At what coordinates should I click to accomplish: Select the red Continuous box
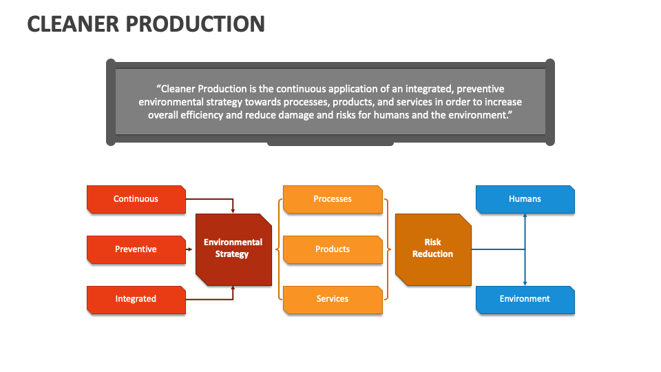coord(136,199)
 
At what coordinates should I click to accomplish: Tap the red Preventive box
coord(136,249)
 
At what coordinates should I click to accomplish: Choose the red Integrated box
coord(136,299)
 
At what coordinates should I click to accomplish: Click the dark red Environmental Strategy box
coord(233,249)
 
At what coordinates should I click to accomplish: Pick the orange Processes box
coord(333,199)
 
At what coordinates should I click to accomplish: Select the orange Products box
coord(333,249)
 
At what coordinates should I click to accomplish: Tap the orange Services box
coord(333,299)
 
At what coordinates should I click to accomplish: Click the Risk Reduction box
coord(432,249)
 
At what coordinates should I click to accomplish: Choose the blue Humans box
coord(525,199)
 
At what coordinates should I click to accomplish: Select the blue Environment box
coord(525,299)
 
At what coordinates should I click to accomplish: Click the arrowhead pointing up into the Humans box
coord(525,216)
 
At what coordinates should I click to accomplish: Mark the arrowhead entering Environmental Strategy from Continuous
coord(233,209)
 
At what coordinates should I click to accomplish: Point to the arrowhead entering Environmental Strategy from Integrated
coord(233,289)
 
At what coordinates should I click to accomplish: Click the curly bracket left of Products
coord(278,249)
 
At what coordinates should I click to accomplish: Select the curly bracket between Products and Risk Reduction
coord(388,249)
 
